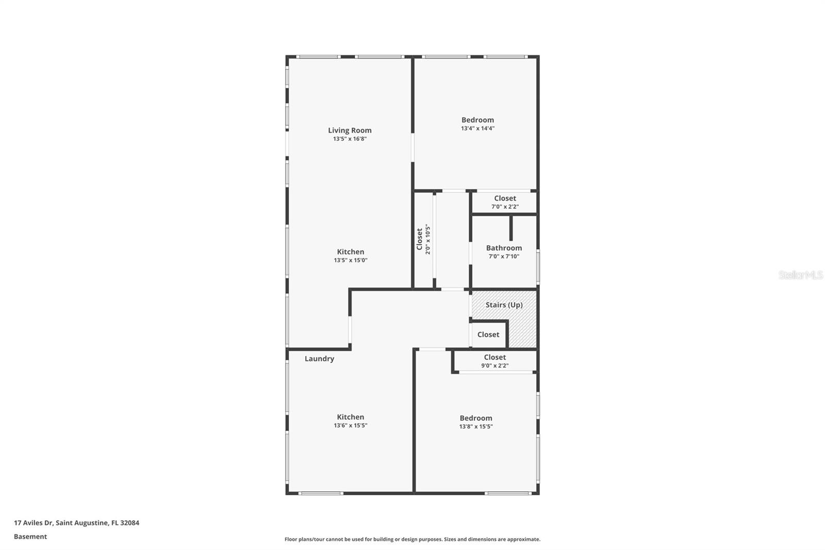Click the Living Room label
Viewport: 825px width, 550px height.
350,131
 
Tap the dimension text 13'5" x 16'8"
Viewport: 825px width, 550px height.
350,139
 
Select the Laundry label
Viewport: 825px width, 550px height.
319,359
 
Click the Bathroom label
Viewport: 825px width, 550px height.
504,248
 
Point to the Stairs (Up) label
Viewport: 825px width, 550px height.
504,305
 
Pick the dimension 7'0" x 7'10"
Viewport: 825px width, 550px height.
504,256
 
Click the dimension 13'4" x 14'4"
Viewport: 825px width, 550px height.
477,128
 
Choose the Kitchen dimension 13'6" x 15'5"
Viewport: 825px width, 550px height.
350,426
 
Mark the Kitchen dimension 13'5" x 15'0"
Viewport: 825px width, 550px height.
350,261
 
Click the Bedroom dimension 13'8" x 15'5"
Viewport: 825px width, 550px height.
476,427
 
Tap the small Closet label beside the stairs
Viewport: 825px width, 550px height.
488,335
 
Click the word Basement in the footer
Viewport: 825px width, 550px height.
30,537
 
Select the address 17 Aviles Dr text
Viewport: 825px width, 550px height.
34,523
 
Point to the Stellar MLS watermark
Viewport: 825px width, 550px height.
800,275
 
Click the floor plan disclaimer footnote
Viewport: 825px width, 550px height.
412,539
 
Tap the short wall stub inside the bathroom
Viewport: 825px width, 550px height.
511,228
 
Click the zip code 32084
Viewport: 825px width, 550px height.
129,523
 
